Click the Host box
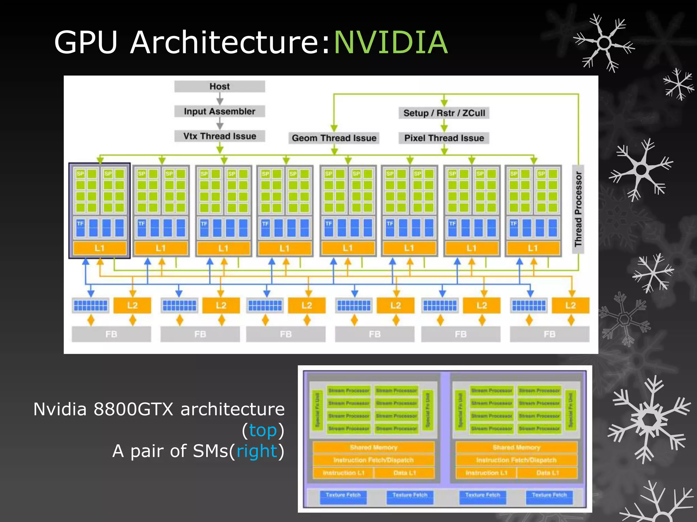pos(220,86)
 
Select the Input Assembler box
pos(220,111)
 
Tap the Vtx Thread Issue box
pos(220,136)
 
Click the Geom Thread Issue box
pos(334,138)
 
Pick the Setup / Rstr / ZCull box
pos(444,113)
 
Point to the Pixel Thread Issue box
pos(444,138)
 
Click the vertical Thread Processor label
pos(578,209)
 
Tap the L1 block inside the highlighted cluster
pos(99,248)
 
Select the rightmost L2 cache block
pos(570,305)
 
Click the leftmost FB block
pos(111,334)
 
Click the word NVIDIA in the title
pos(391,42)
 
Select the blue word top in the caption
pos(263,430)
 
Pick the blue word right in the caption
pos(257,451)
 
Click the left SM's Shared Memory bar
pos(373,448)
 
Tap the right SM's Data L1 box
pos(547,473)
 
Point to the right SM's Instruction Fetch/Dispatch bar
pos(516,460)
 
